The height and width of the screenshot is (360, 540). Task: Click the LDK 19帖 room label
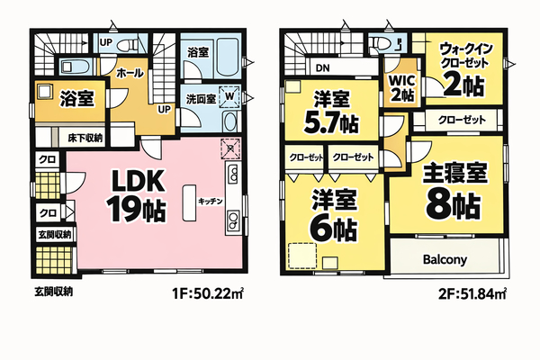[137, 196]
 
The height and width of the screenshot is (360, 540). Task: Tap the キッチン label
[211, 202]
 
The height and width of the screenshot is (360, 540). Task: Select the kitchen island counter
[189, 202]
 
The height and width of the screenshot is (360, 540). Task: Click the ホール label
[130, 73]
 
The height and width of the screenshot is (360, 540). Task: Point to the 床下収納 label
[85, 138]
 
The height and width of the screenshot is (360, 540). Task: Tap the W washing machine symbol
[229, 95]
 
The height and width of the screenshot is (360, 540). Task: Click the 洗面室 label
[201, 99]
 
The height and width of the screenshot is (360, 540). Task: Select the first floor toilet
[127, 44]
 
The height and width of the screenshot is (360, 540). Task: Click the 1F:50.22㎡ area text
[208, 294]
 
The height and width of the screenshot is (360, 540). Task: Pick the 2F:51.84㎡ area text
[472, 294]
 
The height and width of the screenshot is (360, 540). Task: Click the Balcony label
[445, 259]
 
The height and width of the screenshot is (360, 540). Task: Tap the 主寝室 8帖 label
[454, 191]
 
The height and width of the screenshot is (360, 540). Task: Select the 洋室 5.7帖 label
[331, 112]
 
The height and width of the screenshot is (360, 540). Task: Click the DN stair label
[323, 68]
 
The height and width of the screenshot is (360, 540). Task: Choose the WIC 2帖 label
[402, 88]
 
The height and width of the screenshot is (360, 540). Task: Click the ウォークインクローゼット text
[464, 56]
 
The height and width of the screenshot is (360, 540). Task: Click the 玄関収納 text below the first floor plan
[53, 292]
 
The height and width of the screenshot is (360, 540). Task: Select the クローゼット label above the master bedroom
[462, 121]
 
